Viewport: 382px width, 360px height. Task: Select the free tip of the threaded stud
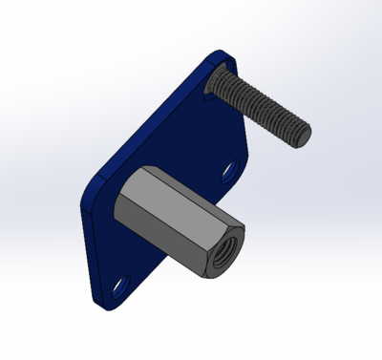(x=302, y=133)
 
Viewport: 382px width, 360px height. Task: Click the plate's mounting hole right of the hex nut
(x=231, y=172)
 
